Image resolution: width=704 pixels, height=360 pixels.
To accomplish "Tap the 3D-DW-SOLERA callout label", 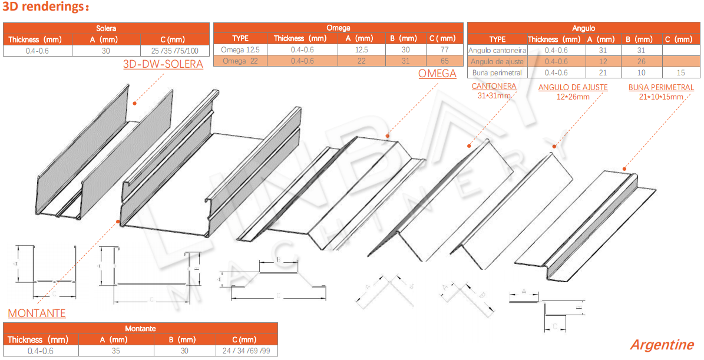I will [x=163, y=64].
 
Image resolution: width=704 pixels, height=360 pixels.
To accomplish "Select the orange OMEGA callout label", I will [x=437, y=74].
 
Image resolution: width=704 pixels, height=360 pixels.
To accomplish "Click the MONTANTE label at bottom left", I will [x=37, y=313].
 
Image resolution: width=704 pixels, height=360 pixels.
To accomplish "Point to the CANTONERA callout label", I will [x=494, y=87].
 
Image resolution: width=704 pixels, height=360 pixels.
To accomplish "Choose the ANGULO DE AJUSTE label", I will [x=573, y=88].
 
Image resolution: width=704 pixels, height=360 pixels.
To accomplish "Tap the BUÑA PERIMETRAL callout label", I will [x=660, y=87].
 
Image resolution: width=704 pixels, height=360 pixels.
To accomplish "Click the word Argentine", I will [x=662, y=345].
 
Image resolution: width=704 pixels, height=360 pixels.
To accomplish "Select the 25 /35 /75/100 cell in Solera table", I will [x=175, y=51].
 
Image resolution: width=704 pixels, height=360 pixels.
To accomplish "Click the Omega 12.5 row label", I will [x=240, y=49].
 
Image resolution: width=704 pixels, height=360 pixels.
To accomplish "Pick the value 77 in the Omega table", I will [x=444, y=49].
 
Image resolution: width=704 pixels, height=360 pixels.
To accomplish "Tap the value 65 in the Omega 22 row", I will [x=444, y=61].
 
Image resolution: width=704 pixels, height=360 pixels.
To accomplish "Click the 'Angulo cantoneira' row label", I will [x=497, y=51].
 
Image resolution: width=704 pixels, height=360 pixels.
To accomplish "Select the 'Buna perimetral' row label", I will [x=497, y=73].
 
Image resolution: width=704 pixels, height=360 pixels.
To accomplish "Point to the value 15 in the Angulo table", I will [x=680, y=73].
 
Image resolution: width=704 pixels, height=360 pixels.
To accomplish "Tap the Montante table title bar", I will [x=140, y=328].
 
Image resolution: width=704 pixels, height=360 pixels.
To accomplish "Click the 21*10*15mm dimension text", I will [x=660, y=96].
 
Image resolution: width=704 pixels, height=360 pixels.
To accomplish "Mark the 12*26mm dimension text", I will [x=573, y=97].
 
